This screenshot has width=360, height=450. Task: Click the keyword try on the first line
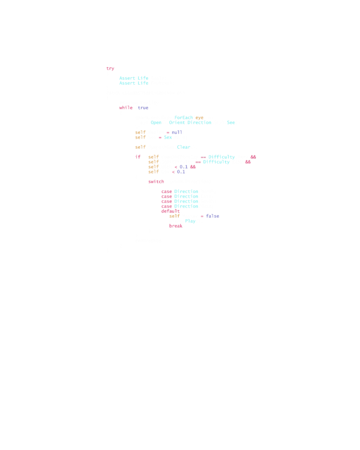tap(110, 68)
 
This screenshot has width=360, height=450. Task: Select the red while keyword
tap(126, 108)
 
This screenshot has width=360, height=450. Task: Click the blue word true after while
tap(143, 108)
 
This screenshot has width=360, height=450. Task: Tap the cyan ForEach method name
tap(184, 118)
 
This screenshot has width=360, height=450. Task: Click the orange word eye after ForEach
tap(199, 118)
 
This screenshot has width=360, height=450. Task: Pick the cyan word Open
tap(156, 122)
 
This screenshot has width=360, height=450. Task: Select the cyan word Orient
tap(176, 122)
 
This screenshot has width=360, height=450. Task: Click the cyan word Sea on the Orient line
tap(231, 122)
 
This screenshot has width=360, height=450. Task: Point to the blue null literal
tap(177, 132)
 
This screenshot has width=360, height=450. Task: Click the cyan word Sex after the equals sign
tap(168, 137)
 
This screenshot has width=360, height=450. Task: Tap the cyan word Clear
tap(184, 147)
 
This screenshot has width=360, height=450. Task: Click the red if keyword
tap(138, 157)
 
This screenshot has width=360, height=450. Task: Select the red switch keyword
tap(156, 182)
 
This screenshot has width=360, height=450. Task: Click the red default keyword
tap(171, 211)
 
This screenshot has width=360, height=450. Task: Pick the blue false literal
tap(212, 216)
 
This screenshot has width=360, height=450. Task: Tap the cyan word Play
tap(190, 221)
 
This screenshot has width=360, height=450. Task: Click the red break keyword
tap(176, 226)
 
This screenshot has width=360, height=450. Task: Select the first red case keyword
tap(167, 192)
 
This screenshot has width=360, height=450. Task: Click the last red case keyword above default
tap(167, 206)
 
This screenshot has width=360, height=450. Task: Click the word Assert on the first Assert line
tap(127, 78)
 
